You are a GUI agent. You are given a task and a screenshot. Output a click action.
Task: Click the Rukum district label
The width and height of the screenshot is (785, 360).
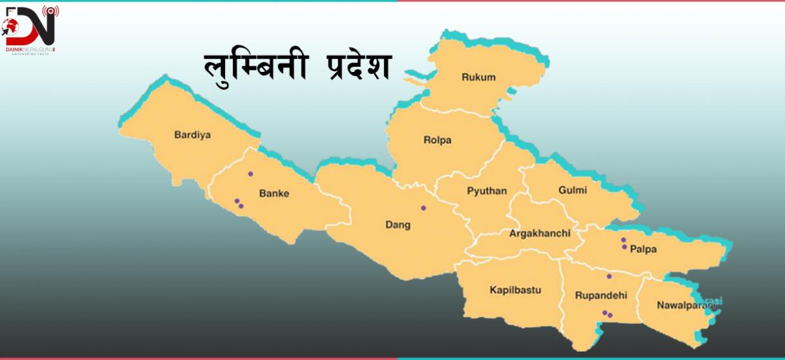pyautogui.click(x=478, y=77)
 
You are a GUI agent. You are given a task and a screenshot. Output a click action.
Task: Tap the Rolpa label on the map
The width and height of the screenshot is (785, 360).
pyautogui.click(x=437, y=139)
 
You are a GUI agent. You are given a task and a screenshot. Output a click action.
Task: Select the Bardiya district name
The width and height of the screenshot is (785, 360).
pyautogui.click(x=193, y=135)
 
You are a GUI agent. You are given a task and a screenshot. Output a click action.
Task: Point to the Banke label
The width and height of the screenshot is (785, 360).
pyautogui.click(x=274, y=193)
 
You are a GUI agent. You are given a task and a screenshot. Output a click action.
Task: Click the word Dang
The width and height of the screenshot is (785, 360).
pyautogui.click(x=397, y=225)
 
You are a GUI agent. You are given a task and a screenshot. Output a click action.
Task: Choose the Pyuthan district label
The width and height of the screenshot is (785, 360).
pyautogui.click(x=487, y=191)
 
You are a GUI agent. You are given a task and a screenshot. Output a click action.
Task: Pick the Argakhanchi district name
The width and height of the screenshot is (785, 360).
pyautogui.click(x=539, y=233)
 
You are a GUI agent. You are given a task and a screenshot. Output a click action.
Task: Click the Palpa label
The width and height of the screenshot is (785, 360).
pyautogui.click(x=644, y=249)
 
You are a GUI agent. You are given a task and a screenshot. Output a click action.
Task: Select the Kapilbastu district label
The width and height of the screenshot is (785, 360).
pyautogui.click(x=515, y=290)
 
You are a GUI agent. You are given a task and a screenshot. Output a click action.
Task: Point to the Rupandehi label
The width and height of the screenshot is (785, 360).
pyautogui.click(x=601, y=295)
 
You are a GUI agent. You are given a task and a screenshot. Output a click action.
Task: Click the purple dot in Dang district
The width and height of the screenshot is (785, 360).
pyautogui.click(x=423, y=208)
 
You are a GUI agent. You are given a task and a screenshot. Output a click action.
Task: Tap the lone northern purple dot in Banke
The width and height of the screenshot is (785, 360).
pyautogui.click(x=251, y=174)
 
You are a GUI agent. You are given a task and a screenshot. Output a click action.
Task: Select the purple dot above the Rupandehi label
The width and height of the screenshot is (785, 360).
pyautogui.click(x=609, y=276)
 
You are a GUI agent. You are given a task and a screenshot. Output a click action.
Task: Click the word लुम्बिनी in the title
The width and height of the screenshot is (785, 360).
pyautogui.click(x=248, y=67)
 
